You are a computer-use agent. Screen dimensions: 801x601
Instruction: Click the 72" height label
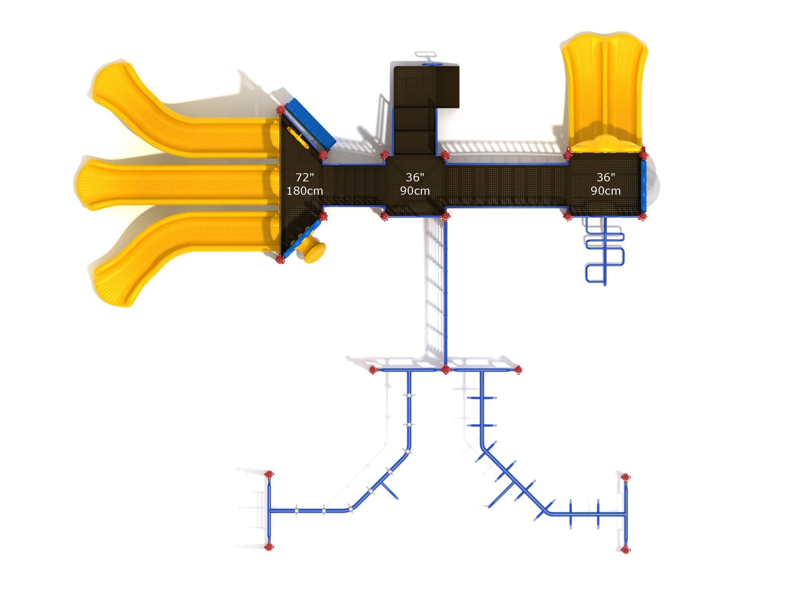(x=304, y=177)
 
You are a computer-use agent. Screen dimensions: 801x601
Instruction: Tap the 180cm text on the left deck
(x=304, y=191)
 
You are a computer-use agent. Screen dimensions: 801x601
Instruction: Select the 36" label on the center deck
(x=415, y=177)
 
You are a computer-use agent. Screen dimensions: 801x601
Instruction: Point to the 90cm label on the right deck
(x=605, y=191)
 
